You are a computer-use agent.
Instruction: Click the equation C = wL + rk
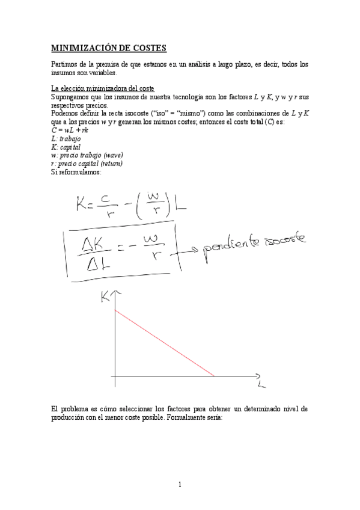pyautogui.click(x=70, y=130)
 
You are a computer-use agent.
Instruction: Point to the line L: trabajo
pyautogui.click(x=66, y=138)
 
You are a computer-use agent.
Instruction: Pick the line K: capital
pyautogui.click(x=66, y=147)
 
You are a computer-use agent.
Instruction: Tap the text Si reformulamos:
pyautogui.click(x=76, y=172)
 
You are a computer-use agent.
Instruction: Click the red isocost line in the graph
pyautogui.click(x=163, y=343)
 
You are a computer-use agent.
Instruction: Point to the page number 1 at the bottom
pyautogui.click(x=180, y=485)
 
